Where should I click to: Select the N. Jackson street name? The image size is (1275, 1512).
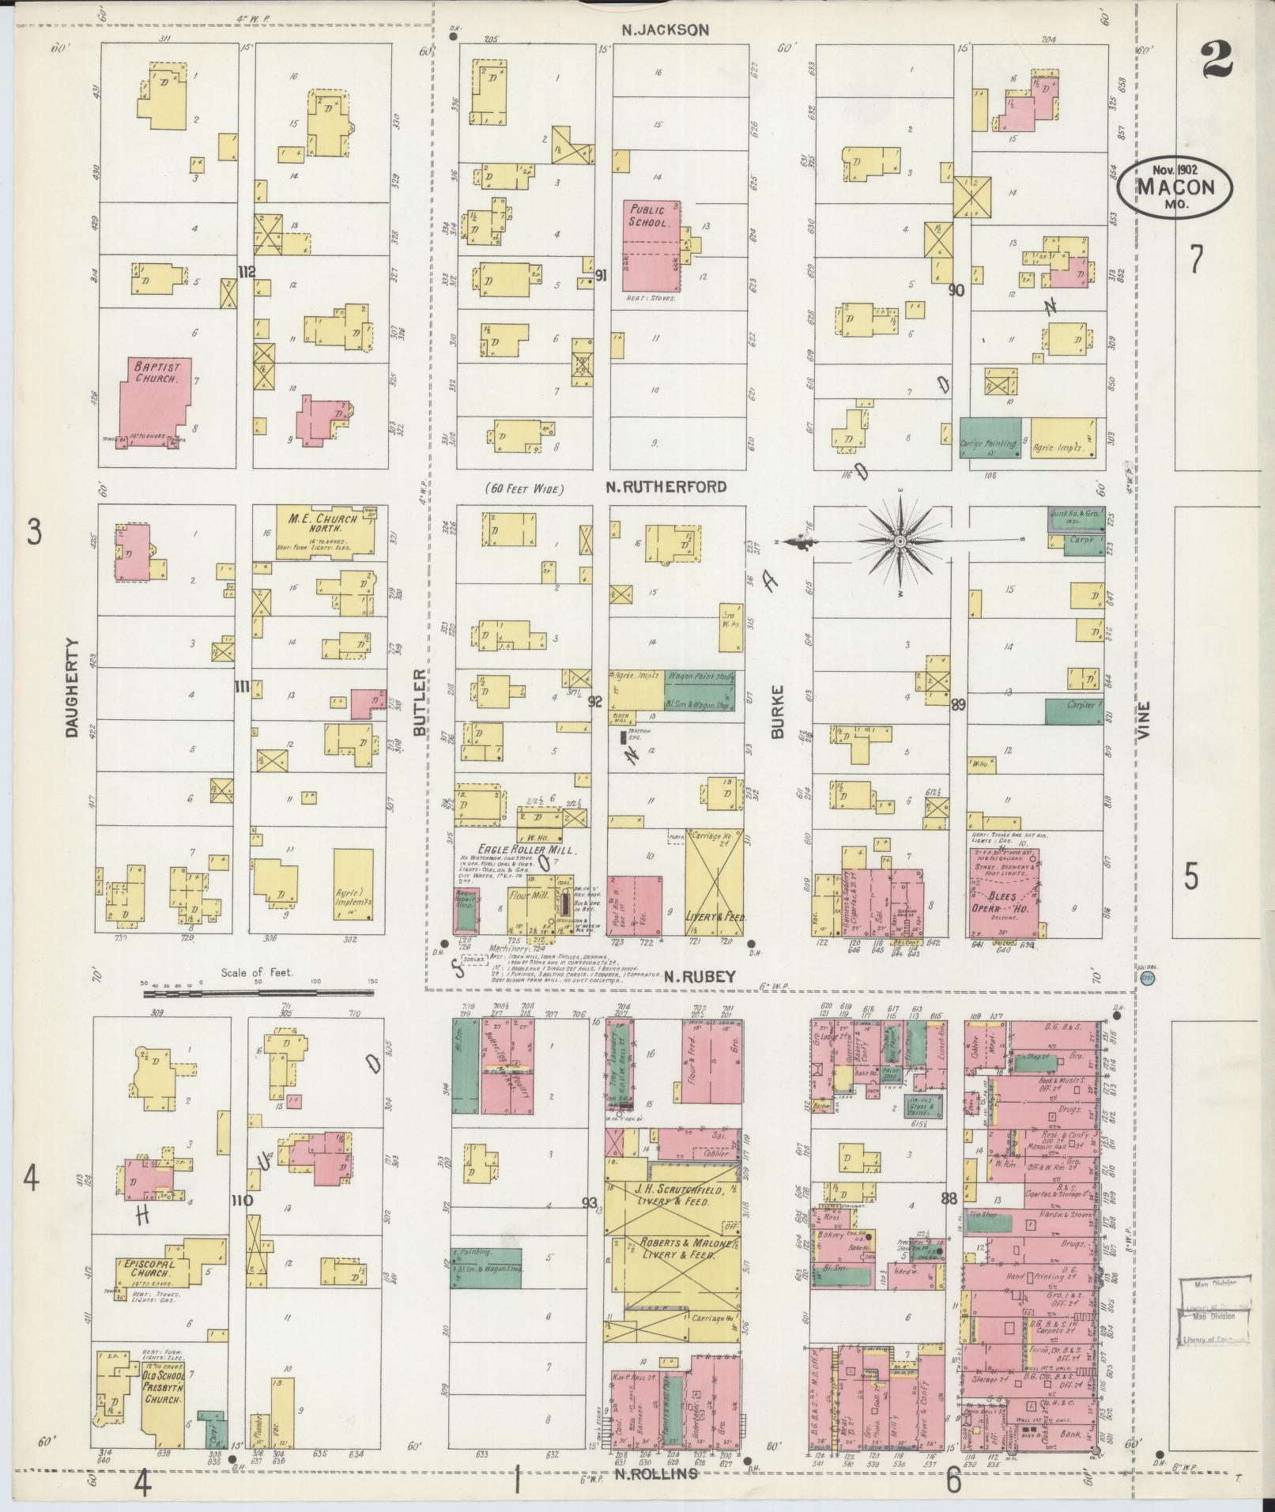[665, 30]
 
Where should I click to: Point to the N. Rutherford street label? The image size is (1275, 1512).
[666, 487]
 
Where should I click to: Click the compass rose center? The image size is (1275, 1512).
[900, 541]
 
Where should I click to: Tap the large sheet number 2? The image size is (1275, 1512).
[1218, 61]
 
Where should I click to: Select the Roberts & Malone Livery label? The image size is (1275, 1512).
[673, 1269]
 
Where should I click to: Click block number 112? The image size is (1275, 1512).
[246, 272]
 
